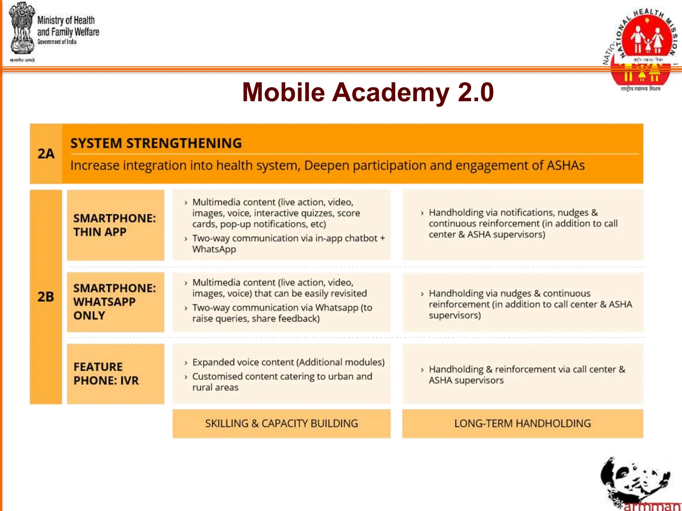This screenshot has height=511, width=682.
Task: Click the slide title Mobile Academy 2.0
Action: coord(368,92)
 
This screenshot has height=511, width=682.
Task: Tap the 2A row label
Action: coord(46,154)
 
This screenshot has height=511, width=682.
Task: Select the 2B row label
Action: coord(46,297)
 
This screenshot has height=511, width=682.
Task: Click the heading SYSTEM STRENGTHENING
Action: coord(156,143)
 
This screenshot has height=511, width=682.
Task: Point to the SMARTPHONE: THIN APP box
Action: coord(115,225)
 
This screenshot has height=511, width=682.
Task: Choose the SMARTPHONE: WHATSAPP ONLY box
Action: coord(115,302)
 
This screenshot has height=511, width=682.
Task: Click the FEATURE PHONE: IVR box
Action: coord(115,374)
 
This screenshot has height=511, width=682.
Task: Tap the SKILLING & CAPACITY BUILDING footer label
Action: coord(281,423)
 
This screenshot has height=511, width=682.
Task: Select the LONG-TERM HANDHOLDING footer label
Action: coord(522,423)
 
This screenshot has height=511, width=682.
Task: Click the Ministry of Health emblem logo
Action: coord(22,30)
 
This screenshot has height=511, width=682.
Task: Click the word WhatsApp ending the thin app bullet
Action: coord(214,249)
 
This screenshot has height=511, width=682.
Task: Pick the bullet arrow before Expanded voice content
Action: coord(186,363)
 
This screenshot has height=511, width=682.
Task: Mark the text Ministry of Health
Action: coord(66,20)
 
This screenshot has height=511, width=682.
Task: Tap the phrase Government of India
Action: coord(57,42)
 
